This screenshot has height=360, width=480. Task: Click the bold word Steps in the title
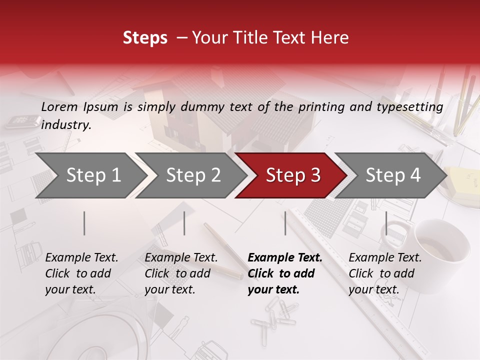tap(145, 38)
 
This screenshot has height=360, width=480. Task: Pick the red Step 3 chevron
tap(290, 175)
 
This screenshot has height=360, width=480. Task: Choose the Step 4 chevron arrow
tap(390, 175)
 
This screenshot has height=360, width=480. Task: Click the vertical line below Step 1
tap(84, 223)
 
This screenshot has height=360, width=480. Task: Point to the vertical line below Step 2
tap(184, 223)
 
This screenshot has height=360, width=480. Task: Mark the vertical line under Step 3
tap(285, 223)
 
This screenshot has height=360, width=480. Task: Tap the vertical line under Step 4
tap(386, 223)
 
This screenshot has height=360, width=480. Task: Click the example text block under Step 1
tap(81, 273)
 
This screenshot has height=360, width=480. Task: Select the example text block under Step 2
tap(181, 273)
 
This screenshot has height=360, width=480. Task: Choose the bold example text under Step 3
tap(285, 273)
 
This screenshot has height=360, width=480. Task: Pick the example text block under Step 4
tap(385, 273)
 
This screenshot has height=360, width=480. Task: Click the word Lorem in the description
tap(59, 106)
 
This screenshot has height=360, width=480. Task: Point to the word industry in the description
tap(66, 125)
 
